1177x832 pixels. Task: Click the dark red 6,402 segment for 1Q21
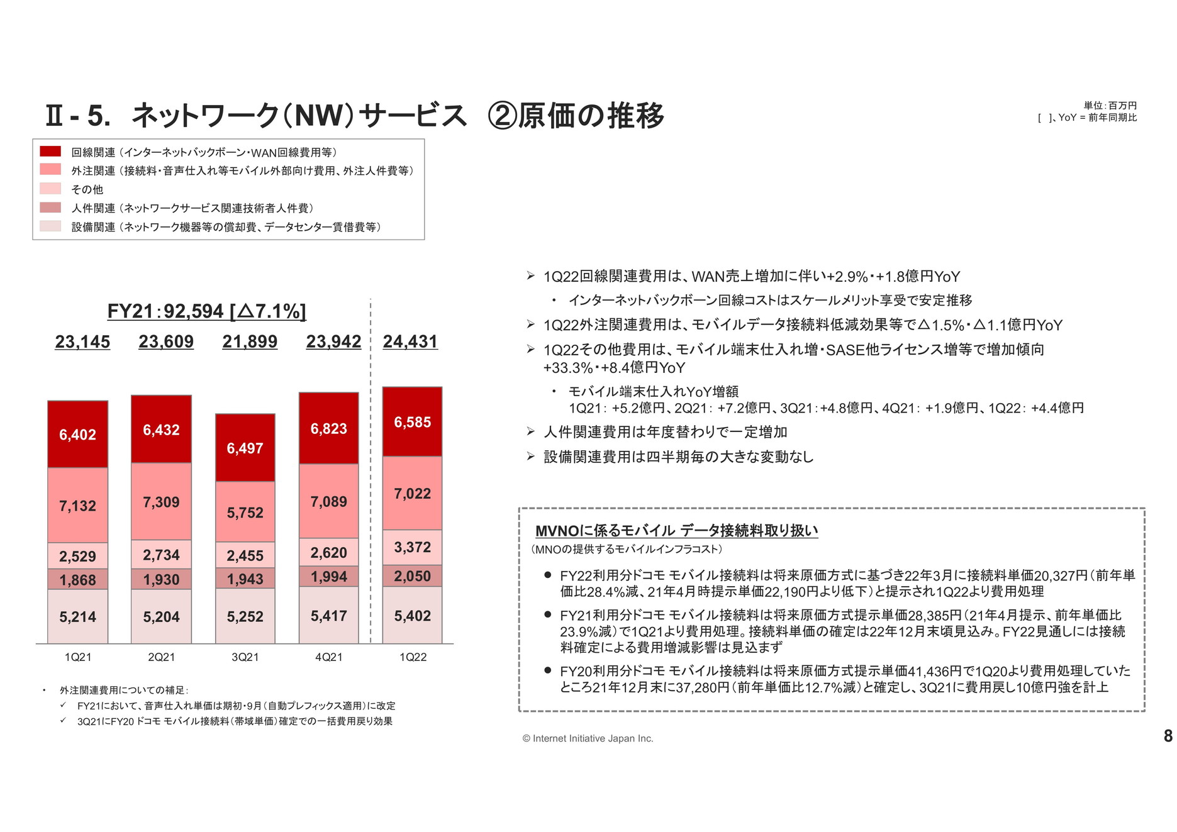[77, 435]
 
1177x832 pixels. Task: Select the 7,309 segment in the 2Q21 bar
[161, 502]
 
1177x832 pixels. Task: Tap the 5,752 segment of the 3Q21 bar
[245, 513]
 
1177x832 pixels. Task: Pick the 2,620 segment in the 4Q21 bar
[328, 553]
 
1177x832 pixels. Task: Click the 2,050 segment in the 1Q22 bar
[412, 576]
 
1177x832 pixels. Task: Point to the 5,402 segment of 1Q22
[412, 616]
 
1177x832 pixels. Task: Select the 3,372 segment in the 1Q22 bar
[412, 547]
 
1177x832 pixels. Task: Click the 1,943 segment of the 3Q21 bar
[245, 579]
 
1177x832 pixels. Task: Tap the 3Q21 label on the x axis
[245, 657]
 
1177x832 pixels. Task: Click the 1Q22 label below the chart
[413, 657]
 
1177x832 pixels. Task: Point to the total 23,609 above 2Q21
[166, 341]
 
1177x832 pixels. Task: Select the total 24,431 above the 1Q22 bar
[410, 341]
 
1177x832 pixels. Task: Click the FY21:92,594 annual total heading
[206, 311]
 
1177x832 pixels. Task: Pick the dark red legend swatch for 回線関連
[50, 152]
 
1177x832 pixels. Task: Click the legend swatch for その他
[50, 189]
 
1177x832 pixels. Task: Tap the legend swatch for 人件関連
[50, 208]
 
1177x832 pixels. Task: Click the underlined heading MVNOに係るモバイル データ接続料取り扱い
[676, 531]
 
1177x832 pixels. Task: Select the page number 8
[1168, 736]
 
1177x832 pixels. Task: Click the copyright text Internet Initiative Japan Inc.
[588, 738]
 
